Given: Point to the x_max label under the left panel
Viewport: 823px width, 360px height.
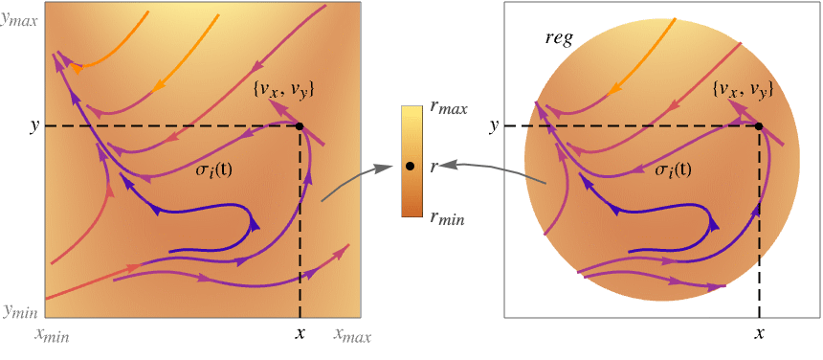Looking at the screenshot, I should tap(351, 335).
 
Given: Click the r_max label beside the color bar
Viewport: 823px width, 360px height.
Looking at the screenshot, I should tap(448, 107).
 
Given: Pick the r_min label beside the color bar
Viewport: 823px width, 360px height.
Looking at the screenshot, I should tap(447, 218).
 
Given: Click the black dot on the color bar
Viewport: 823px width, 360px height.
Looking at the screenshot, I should tap(410, 167).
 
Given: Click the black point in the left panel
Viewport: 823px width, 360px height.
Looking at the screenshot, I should tap(300, 126).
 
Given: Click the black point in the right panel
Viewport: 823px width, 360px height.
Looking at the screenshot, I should tap(759, 126).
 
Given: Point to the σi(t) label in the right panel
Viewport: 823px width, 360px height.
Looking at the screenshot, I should tap(673, 169).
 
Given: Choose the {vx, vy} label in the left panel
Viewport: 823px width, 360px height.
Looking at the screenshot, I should tap(284, 90).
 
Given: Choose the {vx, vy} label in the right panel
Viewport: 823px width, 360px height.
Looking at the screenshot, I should tap(744, 90).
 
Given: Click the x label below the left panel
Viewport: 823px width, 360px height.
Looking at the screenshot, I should tap(300, 334).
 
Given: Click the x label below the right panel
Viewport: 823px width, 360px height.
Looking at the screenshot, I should tap(759, 334).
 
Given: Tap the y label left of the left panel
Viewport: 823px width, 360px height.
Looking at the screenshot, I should tap(34, 125).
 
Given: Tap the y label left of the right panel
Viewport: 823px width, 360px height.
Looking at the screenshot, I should tap(494, 125).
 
